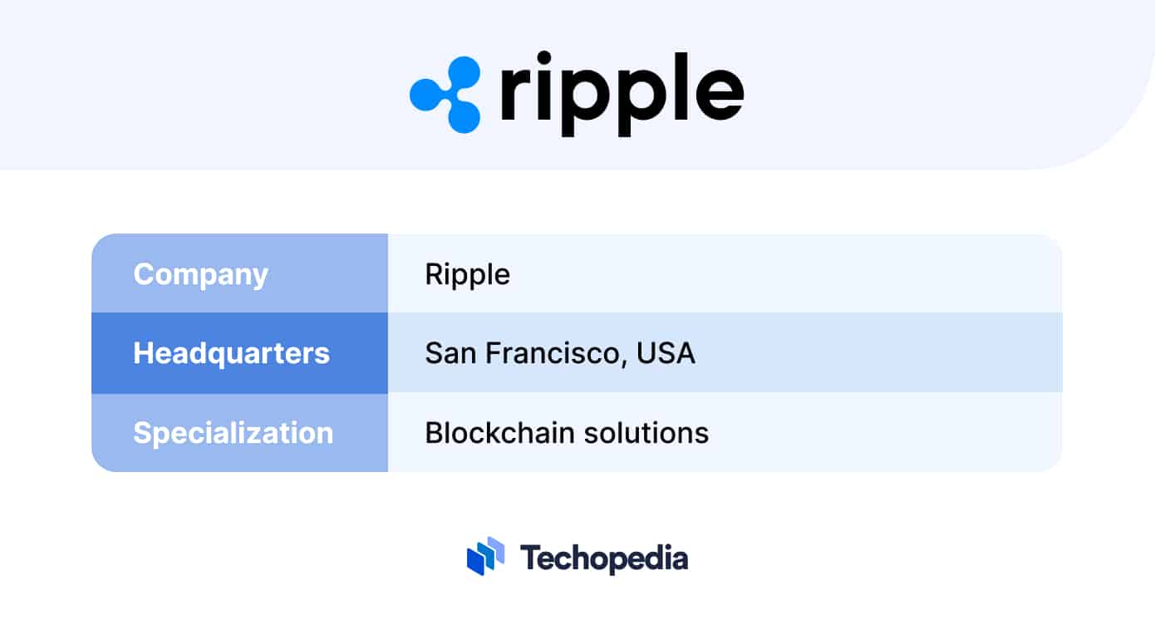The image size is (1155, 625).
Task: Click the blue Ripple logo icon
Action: click(445, 94)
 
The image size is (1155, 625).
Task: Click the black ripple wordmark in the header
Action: click(622, 94)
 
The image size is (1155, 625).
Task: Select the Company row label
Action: click(200, 274)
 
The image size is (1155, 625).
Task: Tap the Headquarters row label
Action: click(231, 353)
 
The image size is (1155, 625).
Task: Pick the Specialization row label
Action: click(233, 433)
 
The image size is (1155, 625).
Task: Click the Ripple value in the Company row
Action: click(467, 274)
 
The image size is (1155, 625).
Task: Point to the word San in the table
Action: click(450, 353)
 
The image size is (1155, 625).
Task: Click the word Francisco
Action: click(556, 353)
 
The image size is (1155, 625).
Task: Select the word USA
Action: click(666, 353)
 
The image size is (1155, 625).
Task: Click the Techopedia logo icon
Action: click(486, 556)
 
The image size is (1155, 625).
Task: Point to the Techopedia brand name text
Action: click(604, 558)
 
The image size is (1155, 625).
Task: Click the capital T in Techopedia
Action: click(529, 557)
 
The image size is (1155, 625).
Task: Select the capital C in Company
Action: click(145, 274)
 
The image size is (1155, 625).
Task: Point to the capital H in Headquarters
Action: click(144, 353)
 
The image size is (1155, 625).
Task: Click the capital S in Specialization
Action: click(144, 433)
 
